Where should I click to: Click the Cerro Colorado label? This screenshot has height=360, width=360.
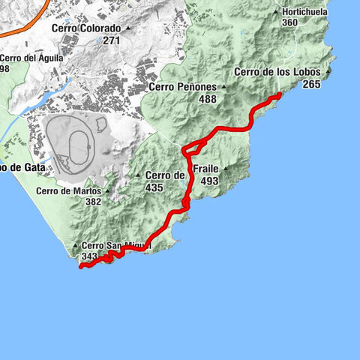(86, 28)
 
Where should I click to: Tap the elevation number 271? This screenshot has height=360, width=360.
(112, 40)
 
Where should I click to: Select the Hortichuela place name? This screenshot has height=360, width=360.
(304, 12)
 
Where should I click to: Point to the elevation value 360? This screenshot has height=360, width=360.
(290, 23)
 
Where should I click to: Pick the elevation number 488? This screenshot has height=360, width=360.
(208, 99)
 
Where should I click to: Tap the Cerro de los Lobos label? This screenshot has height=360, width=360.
(277, 72)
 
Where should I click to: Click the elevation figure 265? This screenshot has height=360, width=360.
(311, 85)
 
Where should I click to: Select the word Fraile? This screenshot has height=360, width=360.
(205, 169)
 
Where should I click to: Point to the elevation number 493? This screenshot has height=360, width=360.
(209, 181)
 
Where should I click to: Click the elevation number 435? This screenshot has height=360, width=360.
(154, 187)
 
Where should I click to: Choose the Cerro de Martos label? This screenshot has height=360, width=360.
(67, 190)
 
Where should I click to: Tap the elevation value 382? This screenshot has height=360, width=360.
(93, 202)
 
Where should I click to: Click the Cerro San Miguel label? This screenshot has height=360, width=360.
(115, 245)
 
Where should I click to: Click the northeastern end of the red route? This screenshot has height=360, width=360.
(279, 94)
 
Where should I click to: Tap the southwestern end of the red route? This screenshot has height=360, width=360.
(80, 266)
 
